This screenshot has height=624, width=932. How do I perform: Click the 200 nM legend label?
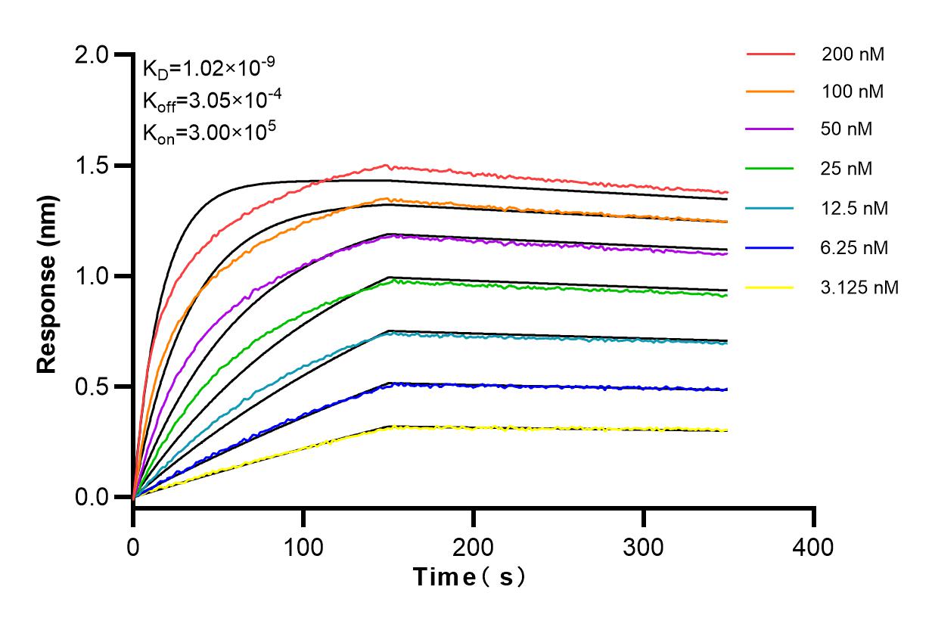pos(853,54)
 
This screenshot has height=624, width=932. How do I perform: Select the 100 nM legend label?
pos(853,92)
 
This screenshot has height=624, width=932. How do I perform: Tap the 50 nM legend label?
pos(847,129)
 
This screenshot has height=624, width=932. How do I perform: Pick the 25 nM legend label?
pos(847,168)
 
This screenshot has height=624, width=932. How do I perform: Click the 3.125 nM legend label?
pos(860,287)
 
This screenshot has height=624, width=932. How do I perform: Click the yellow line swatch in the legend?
pos(770,287)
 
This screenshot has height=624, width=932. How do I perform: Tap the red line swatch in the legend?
pos(770,54)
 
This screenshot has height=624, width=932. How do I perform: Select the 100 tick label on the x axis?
pos(303,546)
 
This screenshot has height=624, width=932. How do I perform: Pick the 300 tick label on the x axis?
pos(644,546)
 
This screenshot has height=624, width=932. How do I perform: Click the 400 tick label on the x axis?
pos(814,546)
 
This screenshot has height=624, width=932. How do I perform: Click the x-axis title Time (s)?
pos(469,578)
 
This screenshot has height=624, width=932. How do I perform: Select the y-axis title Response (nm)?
pos(48,276)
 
